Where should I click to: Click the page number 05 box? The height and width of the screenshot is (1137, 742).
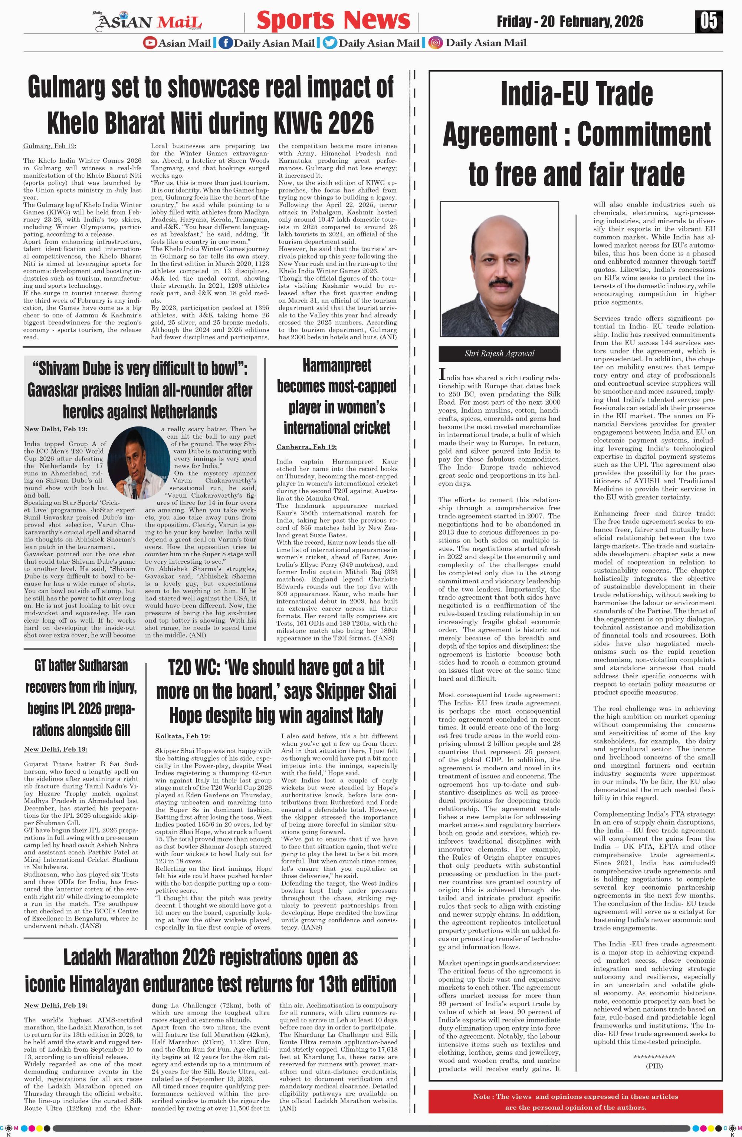click(x=709, y=21)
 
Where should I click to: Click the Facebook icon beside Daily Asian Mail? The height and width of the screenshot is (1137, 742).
click(x=224, y=43)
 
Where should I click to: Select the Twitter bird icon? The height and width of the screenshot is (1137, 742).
click(x=329, y=43)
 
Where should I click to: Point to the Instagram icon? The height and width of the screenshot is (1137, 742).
click(x=435, y=43)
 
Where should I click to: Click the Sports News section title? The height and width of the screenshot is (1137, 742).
click(x=333, y=20)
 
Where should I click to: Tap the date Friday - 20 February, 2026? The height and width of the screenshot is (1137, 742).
click(x=569, y=22)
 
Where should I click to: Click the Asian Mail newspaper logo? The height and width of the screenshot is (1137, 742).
click(x=150, y=22)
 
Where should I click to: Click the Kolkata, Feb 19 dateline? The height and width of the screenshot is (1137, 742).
click(x=183, y=736)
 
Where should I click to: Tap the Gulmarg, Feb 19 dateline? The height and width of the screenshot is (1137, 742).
click(x=49, y=146)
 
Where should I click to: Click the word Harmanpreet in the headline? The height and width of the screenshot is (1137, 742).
click(x=336, y=366)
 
